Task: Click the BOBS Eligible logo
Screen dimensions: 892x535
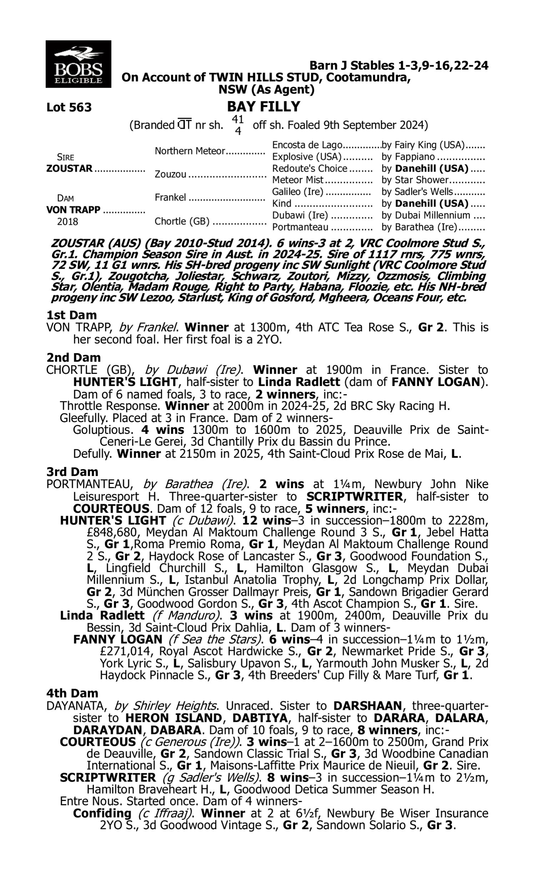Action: [x=78, y=64]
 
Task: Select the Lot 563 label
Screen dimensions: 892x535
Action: [x=69, y=107]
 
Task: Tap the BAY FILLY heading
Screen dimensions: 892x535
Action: [x=264, y=107]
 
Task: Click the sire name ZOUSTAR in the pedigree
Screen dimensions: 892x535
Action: [x=70, y=169]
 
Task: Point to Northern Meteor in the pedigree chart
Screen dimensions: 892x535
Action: [x=190, y=151]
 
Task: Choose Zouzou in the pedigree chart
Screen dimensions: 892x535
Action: [x=170, y=174]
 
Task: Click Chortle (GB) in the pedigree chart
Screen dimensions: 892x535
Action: [x=182, y=221]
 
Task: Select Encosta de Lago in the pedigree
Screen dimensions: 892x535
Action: [x=307, y=145]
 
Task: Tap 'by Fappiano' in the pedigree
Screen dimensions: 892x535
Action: [x=408, y=157]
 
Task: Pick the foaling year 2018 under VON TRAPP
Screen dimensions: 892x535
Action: [x=67, y=222]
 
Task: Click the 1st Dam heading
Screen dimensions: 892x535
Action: [x=72, y=315]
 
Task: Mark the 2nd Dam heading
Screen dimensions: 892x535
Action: [x=73, y=358]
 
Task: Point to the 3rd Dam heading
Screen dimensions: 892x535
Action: [x=72, y=472]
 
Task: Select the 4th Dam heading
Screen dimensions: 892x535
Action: [x=72, y=693]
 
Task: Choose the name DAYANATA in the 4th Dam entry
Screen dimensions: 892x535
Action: [x=77, y=706]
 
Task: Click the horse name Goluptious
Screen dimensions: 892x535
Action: [x=101, y=430]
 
